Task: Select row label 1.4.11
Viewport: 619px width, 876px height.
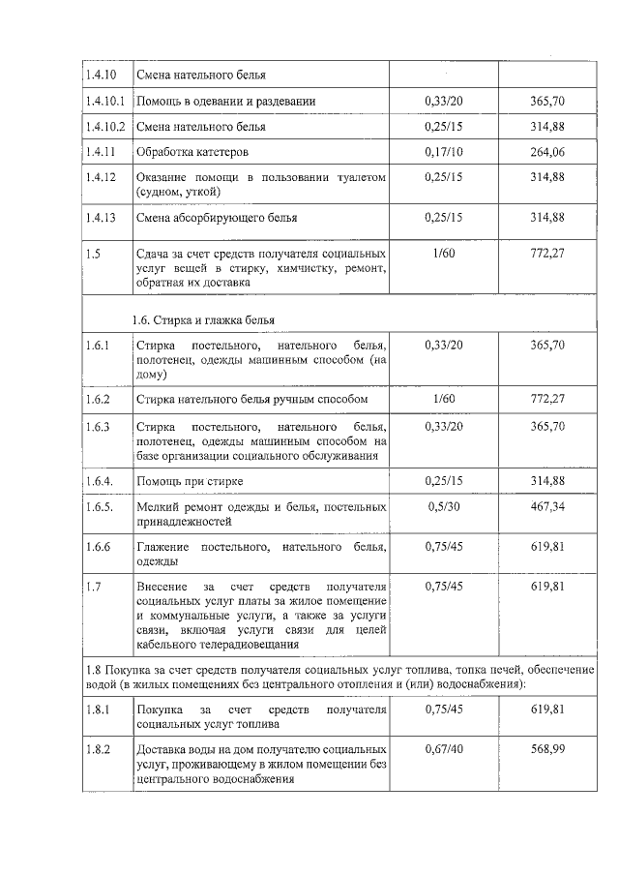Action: tap(100, 152)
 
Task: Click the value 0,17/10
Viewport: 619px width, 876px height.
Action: tap(444, 152)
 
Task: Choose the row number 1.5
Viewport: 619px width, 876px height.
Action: tap(92, 253)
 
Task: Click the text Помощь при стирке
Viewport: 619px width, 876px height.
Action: tap(190, 481)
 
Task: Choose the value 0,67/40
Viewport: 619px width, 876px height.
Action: tap(444, 747)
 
